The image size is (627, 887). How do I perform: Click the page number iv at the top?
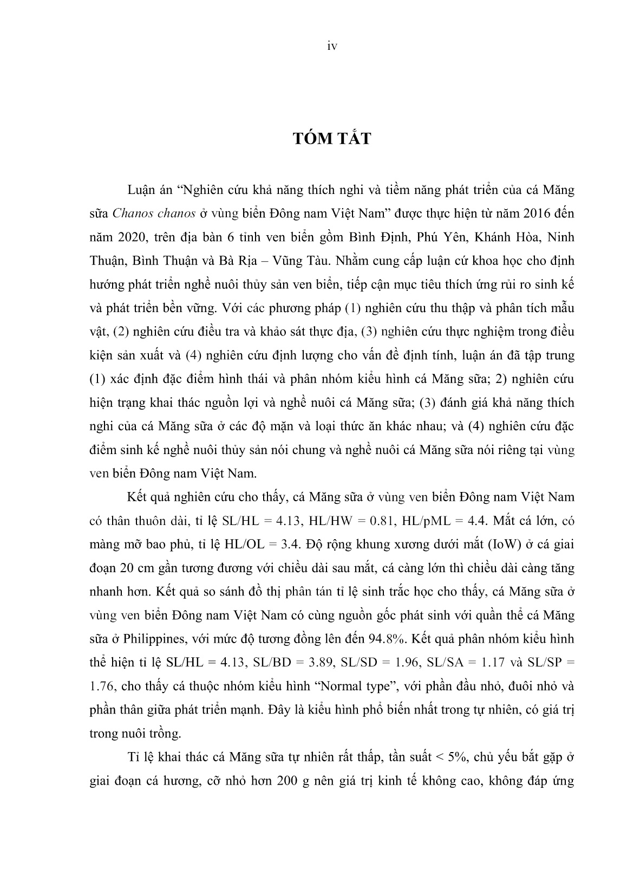point(332,47)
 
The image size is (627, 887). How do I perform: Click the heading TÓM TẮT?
point(332,139)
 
